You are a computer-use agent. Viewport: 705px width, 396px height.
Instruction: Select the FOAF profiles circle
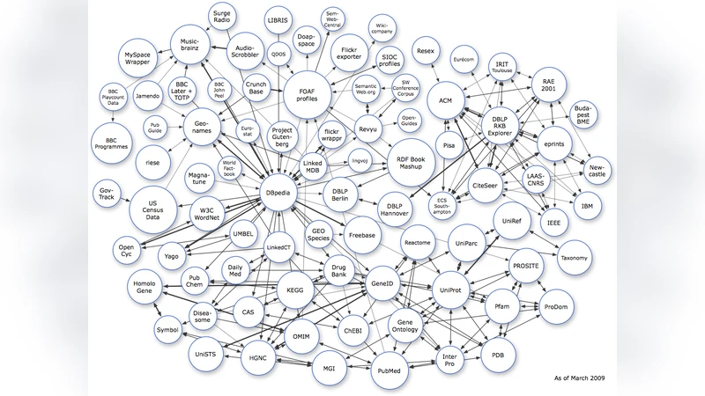coord(308,93)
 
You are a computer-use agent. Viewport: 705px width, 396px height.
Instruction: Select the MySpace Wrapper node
coord(144,62)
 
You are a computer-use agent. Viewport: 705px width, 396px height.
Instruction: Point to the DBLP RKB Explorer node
coord(504,125)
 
